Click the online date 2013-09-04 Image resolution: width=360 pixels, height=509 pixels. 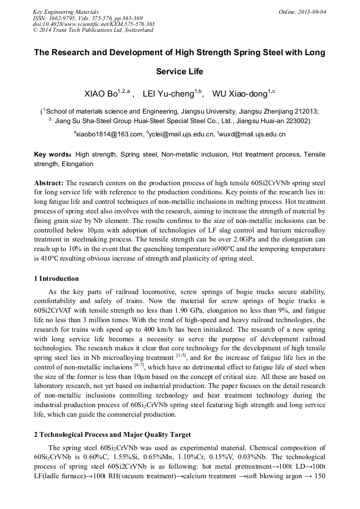pyautogui.click(x=314, y=11)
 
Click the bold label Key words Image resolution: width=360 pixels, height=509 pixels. pyautogui.click(x=52, y=154)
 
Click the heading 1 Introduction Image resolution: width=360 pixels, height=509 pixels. pyautogui.click(x=56, y=279)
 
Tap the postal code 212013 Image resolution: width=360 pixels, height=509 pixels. pyautogui.click(x=305, y=111)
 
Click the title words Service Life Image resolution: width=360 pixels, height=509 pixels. pyautogui.click(x=179, y=72)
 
